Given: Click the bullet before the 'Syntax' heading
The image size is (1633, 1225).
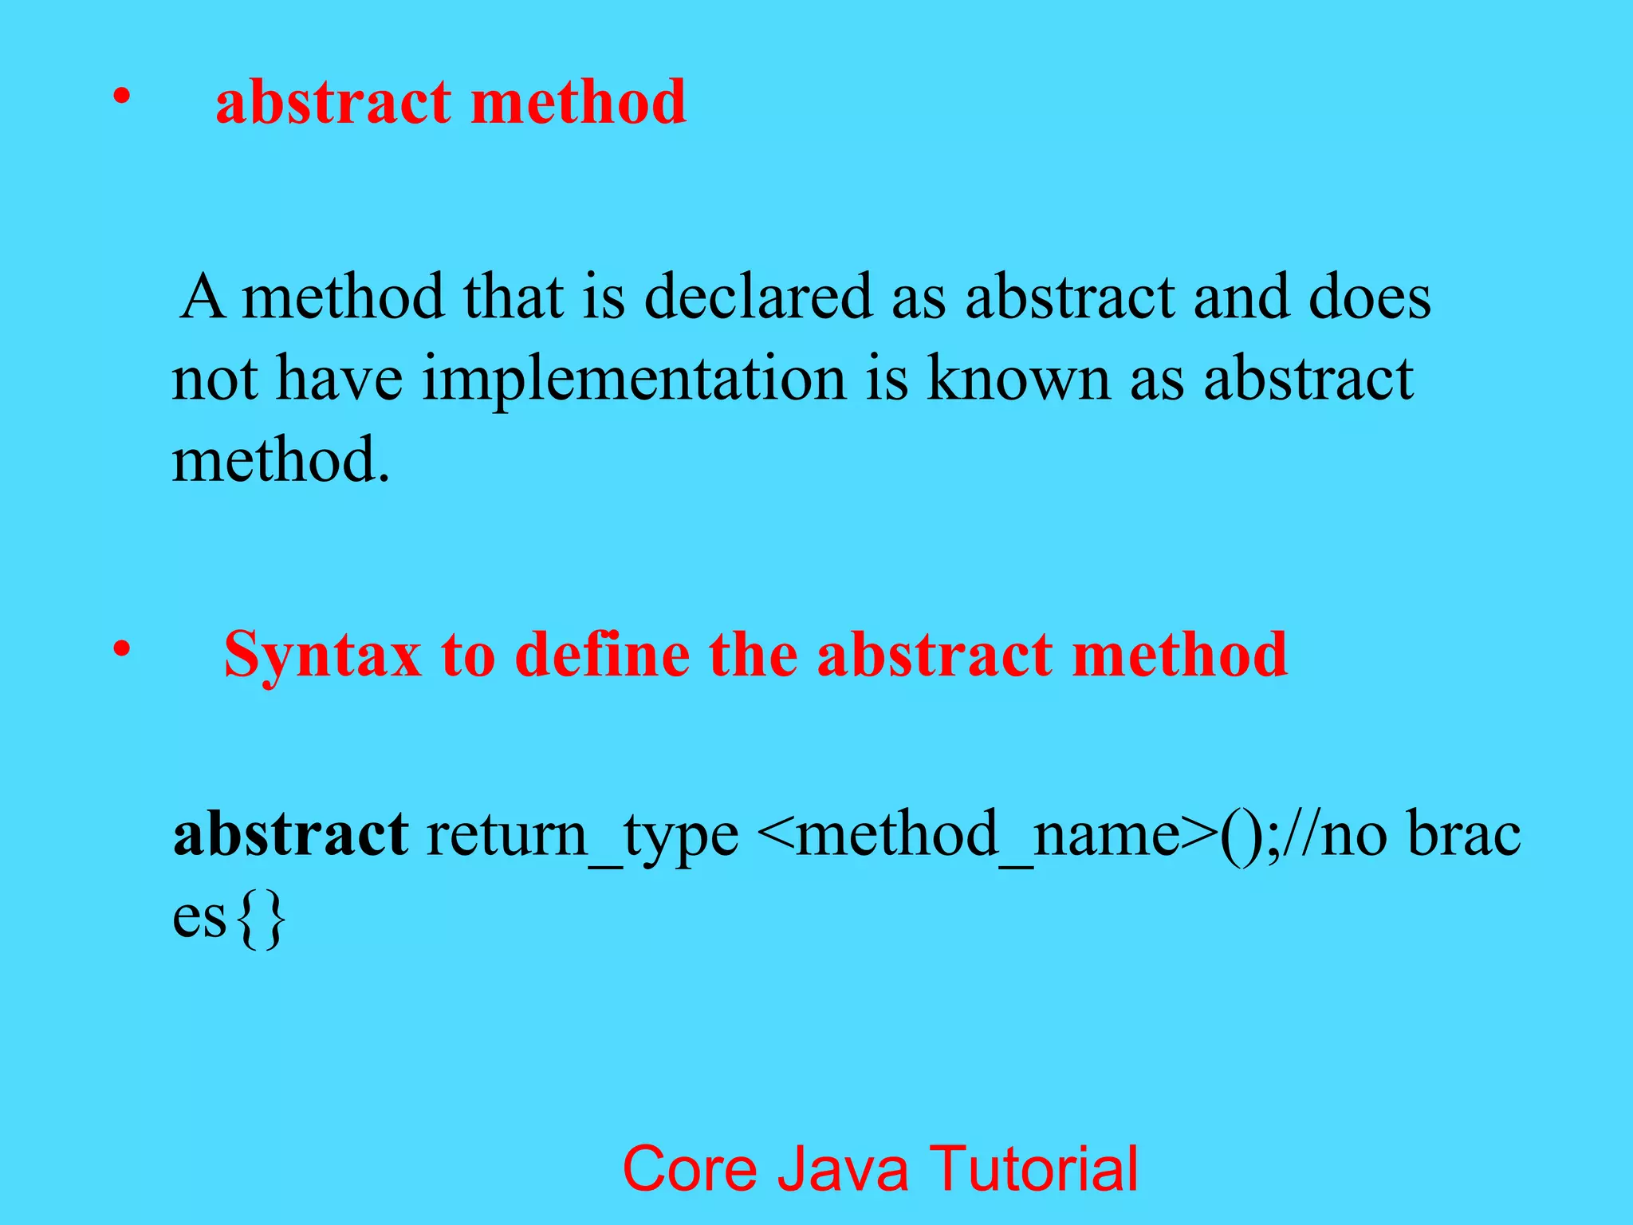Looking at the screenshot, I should (120, 650).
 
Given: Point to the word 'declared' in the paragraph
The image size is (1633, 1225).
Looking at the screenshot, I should (757, 297).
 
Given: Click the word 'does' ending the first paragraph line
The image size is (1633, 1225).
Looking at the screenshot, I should (1370, 297).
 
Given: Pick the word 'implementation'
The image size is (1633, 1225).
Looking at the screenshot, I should (634, 380).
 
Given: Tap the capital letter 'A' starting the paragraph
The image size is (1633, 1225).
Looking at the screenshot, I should (202, 297).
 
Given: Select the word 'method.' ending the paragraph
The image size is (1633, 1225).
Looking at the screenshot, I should (281, 460).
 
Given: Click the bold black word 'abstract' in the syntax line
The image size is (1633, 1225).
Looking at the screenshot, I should (291, 834).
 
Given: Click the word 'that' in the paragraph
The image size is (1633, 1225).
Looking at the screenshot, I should (514, 297).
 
